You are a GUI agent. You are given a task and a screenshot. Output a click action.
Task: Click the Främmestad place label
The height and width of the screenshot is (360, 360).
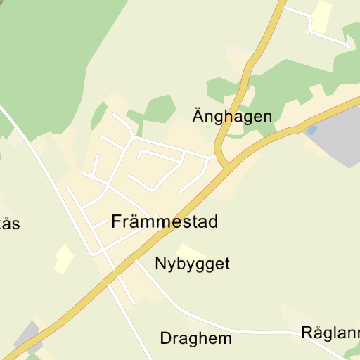click(x=165, y=222)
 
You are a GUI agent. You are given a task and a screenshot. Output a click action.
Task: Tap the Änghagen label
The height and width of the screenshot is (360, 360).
click(x=232, y=117)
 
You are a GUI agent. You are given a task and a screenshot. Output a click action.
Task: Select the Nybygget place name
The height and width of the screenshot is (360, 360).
click(x=192, y=264)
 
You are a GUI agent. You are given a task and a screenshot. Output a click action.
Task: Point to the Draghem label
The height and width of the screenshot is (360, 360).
click(x=195, y=339)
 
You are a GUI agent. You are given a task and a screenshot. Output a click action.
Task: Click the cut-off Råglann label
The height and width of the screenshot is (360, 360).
click(x=330, y=333)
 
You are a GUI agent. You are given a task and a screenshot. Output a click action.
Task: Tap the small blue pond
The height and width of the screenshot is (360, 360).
click(x=311, y=130)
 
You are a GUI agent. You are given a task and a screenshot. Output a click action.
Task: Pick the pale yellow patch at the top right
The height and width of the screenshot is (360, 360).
click(x=322, y=16)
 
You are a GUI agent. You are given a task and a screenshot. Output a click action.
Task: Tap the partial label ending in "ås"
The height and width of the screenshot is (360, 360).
click(x=9, y=224)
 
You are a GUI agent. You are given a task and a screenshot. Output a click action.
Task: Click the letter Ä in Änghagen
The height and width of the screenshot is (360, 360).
click(x=198, y=116)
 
